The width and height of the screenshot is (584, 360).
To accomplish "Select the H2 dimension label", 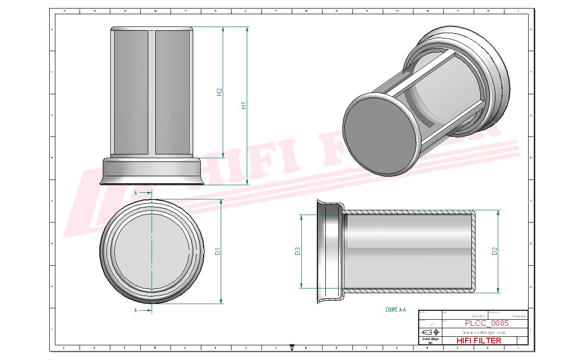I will [219, 92].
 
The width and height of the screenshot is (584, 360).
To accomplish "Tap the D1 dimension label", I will [218, 252].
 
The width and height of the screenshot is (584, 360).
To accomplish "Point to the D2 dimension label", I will [494, 252].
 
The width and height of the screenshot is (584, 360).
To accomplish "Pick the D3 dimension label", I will [297, 251].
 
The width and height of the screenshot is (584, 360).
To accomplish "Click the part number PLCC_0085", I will [486, 323].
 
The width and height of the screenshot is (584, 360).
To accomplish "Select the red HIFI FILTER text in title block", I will [478, 341].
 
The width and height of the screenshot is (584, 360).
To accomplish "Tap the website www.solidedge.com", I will [484, 333].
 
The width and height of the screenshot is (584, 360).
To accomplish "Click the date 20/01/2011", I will [479, 316].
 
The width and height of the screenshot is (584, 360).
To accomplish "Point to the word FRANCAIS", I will [519, 316].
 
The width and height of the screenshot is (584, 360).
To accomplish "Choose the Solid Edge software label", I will [430, 339].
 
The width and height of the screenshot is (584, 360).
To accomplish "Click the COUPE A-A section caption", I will [395, 310].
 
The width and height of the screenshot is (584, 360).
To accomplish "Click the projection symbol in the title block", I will [433, 332].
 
